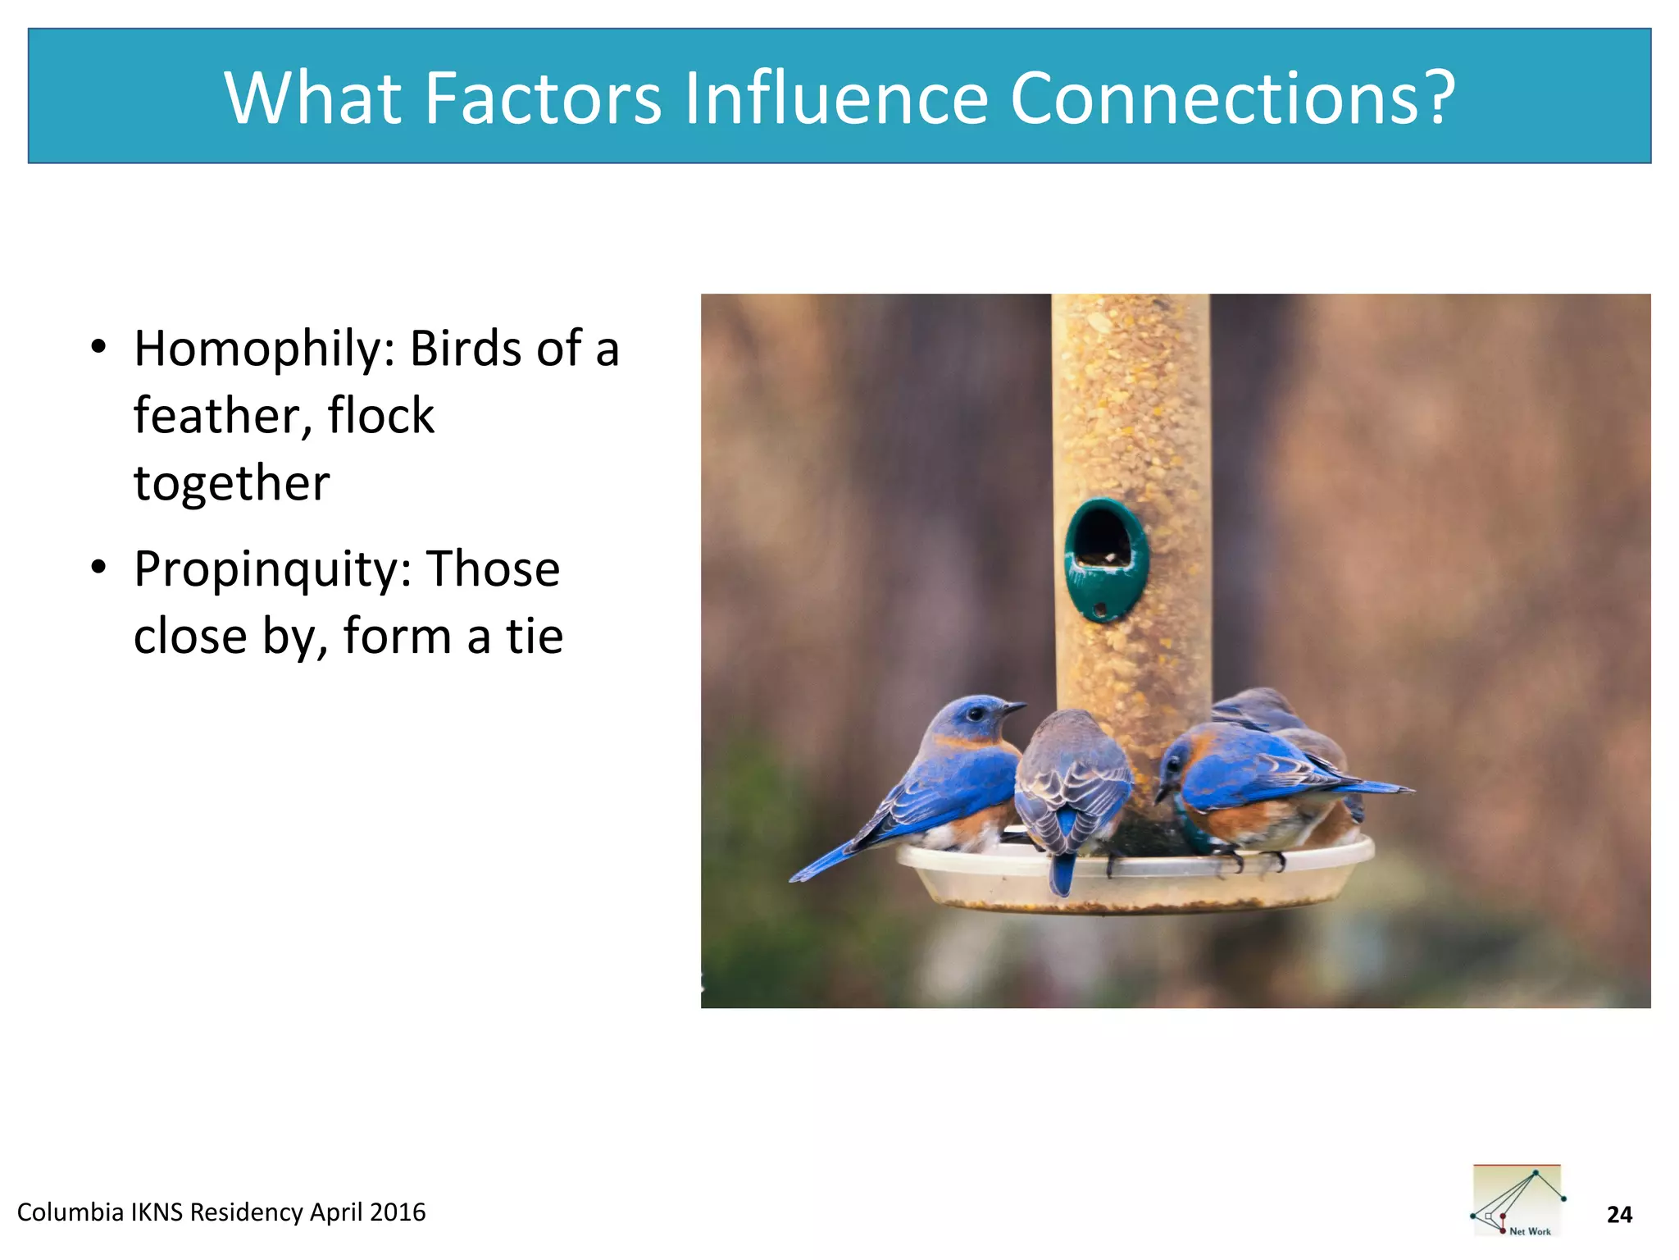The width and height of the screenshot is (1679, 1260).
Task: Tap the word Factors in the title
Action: (x=543, y=98)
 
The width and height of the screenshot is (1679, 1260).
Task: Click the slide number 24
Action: (x=1619, y=1215)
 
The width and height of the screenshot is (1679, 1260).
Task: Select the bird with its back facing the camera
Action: (x=1072, y=787)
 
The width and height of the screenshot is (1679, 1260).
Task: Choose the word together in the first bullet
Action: (x=232, y=483)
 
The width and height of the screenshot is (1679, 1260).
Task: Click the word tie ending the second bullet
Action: (x=535, y=637)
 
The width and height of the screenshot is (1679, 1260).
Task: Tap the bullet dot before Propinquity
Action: (x=99, y=568)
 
